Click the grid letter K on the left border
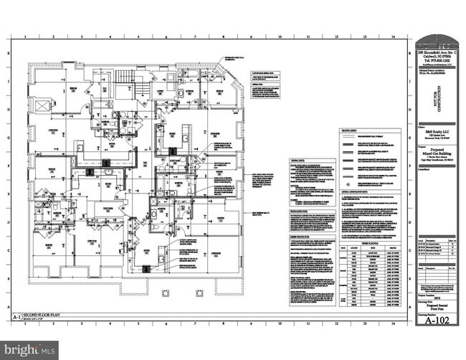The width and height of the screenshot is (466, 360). coord(9,53)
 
